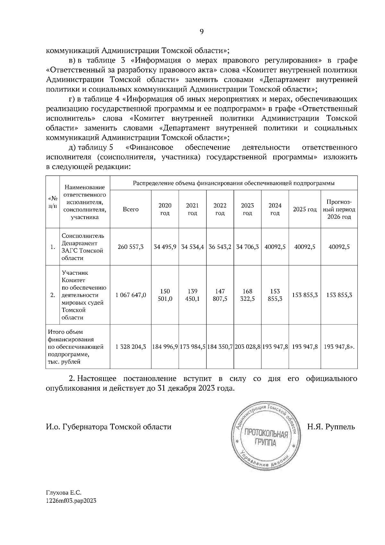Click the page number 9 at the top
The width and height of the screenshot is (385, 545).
pyautogui.click(x=201, y=31)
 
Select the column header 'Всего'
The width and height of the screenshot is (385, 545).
pyautogui.click(x=131, y=209)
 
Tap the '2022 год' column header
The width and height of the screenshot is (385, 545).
pyautogui.click(x=220, y=209)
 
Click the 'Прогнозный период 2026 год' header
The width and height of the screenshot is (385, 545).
pyautogui.click(x=339, y=209)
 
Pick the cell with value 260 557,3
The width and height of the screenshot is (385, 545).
pyautogui.click(x=131, y=247)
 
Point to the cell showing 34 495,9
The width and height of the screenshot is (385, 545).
pyautogui.click(x=165, y=247)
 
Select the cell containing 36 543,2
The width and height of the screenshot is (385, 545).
pyautogui.click(x=220, y=247)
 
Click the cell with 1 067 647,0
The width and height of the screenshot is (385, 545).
pyautogui.click(x=131, y=295)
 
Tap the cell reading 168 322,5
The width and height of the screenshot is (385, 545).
pyautogui.click(x=247, y=295)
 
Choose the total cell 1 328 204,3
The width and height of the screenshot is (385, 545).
pyautogui.click(x=131, y=347)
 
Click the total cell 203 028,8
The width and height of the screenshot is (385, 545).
pyautogui.click(x=247, y=347)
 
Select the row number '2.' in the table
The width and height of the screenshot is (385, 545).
pyautogui.click(x=53, y=295)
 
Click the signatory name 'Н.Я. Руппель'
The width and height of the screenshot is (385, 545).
pyautogui.click(x=331, y=427)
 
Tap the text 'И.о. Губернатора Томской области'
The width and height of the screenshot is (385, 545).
pyautogui.click(x=108, y=427)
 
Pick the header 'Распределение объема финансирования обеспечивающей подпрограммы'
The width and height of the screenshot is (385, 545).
pyautogui.click(x=234, y=183)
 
